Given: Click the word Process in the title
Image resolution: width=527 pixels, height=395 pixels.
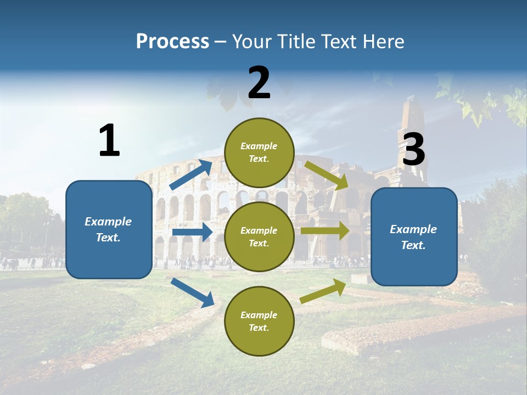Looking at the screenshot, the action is (x=172, y=41).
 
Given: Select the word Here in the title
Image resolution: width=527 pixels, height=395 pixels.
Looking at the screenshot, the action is (x=383, y=41).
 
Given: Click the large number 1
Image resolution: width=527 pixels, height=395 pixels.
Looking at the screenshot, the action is (x=110, y=140).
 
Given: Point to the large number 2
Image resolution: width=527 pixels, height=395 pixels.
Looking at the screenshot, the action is (x=259, y=83).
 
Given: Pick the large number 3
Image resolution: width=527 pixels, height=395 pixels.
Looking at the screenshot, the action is (x=413, y=149).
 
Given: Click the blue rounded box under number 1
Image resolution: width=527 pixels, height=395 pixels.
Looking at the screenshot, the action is (x=109, y=229).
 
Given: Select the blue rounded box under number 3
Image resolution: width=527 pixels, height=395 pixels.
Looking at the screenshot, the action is (x=414, y=237).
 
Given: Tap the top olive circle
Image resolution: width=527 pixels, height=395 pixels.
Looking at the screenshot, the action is (x=259, y=153).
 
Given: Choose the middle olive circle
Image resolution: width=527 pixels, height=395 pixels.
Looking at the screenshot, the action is (x=259, y=237).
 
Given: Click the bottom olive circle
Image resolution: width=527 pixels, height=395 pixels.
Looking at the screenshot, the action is (x=259, y=321).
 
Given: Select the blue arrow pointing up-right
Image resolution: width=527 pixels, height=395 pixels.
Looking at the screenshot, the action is (x=190, y=174).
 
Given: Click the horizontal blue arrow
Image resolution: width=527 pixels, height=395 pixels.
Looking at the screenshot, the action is (x=192, y=232).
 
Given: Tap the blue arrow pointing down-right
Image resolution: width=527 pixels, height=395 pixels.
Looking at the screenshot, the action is (x=192, y=292).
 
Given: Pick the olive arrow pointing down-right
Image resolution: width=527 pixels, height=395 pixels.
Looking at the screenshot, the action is (x=326, y=176).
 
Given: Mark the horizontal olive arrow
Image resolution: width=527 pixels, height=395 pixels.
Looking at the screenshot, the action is (x=324, y=230).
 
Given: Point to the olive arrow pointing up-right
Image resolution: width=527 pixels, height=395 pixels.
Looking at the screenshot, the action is (x=323, y=291).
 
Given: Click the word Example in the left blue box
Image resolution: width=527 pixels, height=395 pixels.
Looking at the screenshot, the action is (x=108, y=221).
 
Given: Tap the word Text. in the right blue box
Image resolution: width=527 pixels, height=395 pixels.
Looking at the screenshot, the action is (x=413, y=245).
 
